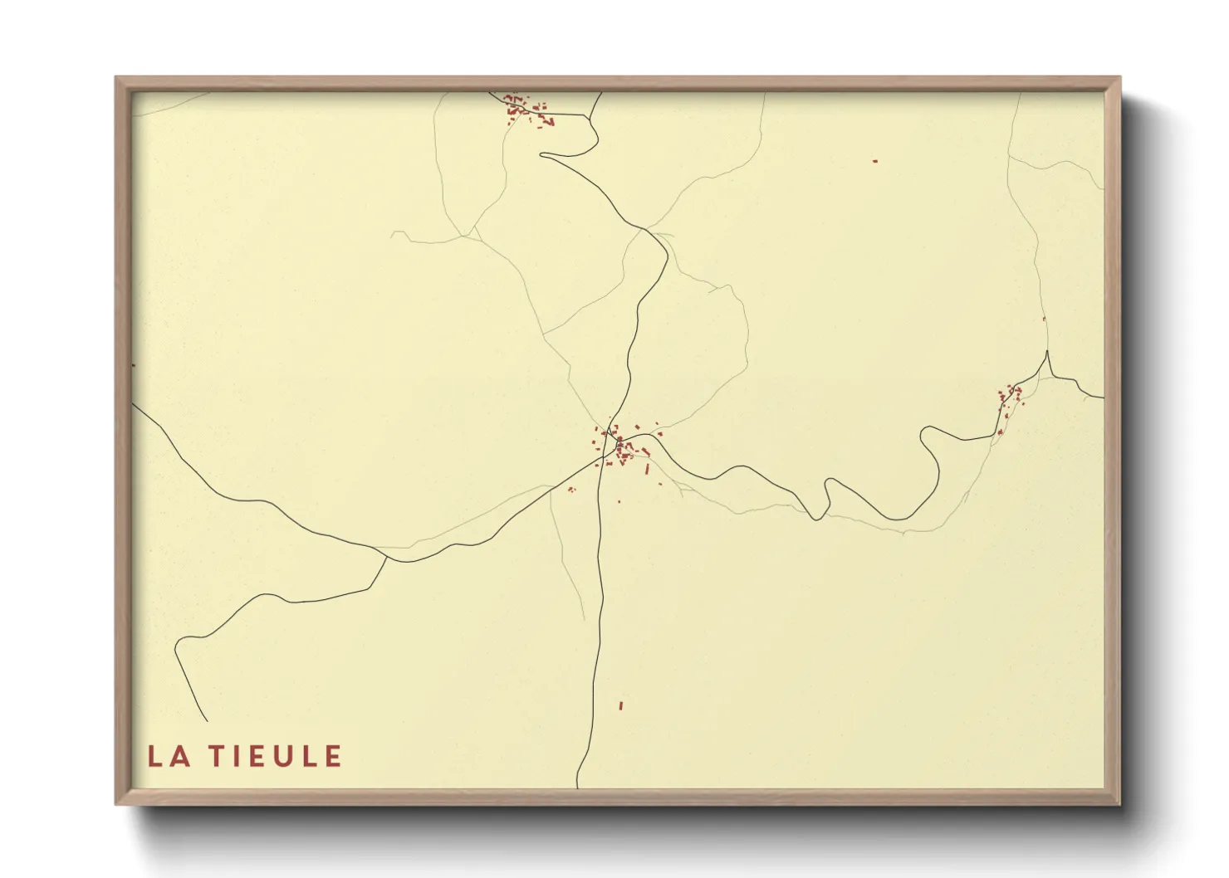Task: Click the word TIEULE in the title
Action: coord(275,756)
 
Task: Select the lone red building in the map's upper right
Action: coord(874,161)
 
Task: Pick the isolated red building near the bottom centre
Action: coord(620,705)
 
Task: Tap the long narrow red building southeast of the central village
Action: coord(647,470)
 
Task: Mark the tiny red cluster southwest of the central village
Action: coord(571,489)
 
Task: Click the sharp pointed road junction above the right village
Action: coord(1047,353)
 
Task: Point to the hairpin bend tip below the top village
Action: coord(542,154)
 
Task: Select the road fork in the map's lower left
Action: coord(387,558)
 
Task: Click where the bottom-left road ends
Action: coord(206,720)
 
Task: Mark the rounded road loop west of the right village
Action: coord(928,432)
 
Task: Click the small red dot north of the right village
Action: coord(1044,319)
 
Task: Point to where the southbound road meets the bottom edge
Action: coord(577,787)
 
